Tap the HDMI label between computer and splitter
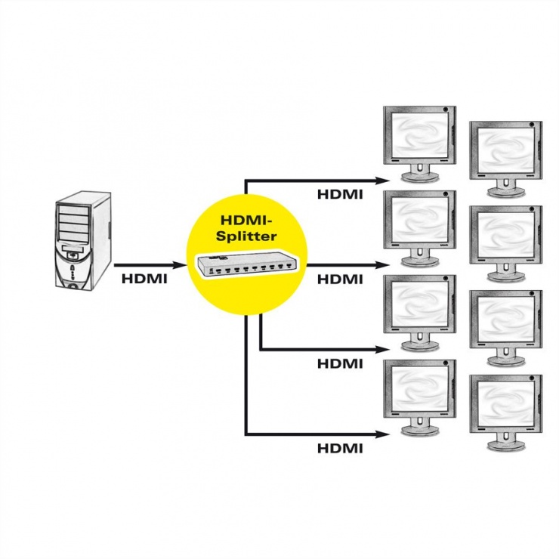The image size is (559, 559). point(144,279)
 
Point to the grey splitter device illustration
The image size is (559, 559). point(246,264)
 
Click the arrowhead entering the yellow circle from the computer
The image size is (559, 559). point(181,265)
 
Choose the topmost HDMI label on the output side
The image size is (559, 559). point(340,194)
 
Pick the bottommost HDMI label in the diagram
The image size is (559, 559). point(340,448)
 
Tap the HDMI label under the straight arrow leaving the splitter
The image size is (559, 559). point(340,279)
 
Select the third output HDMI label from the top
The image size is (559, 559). point(340,363)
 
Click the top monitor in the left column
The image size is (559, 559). point(419,144)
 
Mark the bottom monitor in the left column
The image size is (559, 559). point(419,397)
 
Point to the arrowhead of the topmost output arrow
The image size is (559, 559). point(388,181)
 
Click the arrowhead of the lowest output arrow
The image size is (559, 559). point(388,434)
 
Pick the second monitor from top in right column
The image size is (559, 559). point(506,238)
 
